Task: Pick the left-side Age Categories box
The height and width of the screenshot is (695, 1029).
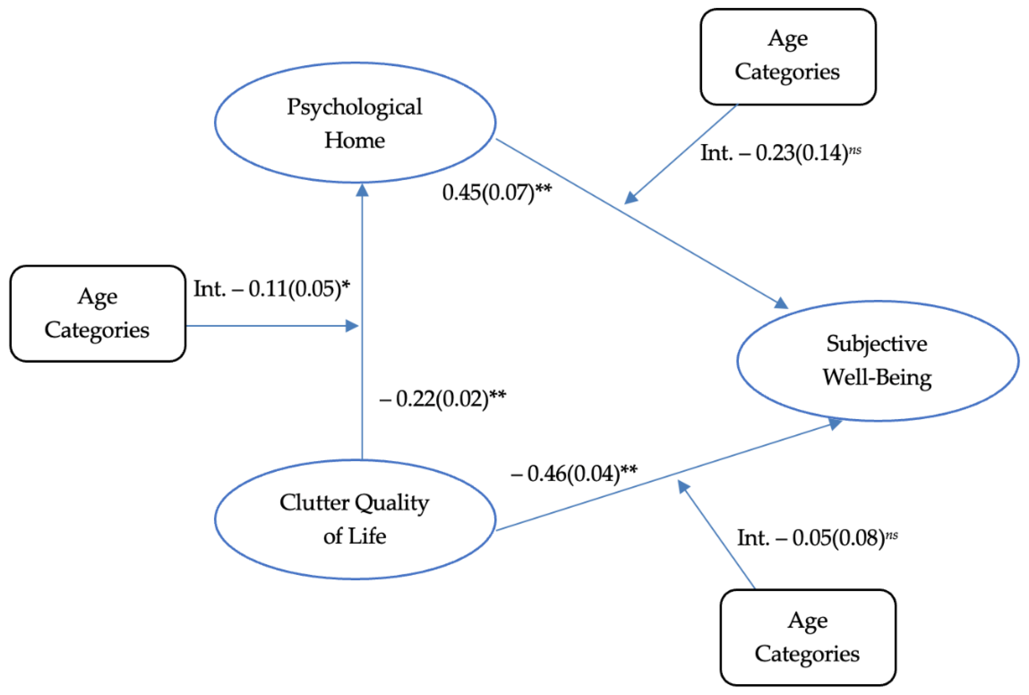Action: coord(97,314)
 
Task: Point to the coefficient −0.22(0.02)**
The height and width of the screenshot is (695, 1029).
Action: coord(442,398)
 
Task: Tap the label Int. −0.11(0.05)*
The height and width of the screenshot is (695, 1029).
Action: coord(271,289)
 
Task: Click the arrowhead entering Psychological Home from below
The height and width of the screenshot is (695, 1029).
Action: coord(362,190)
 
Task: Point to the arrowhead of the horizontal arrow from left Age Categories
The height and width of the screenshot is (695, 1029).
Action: coord(352,326)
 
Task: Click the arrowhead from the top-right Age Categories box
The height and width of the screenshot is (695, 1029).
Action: coord(630,198)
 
